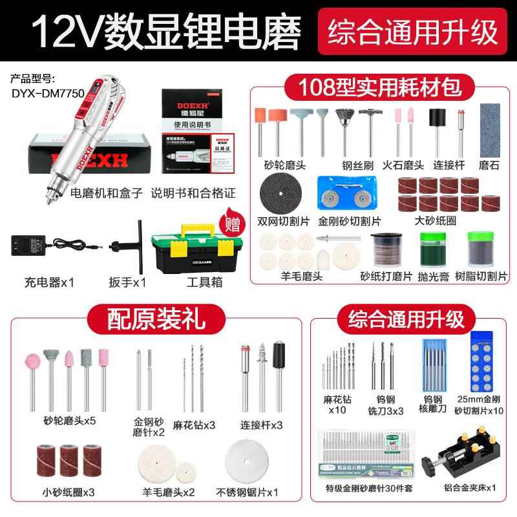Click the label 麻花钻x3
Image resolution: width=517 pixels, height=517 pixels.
point(194,425)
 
